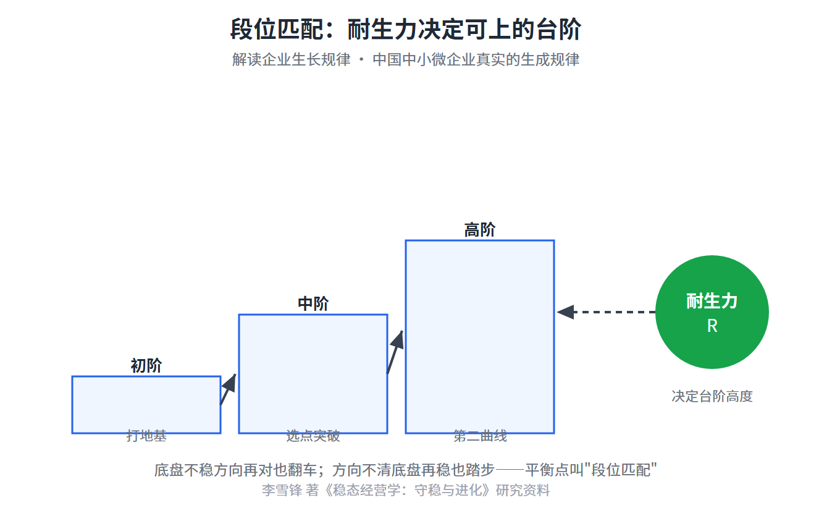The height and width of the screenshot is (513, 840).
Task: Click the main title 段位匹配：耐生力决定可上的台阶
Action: pyautogui.click(x=406, y=29)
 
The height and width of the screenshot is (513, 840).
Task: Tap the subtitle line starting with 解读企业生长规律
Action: pyautogui.click(x=406, y=60)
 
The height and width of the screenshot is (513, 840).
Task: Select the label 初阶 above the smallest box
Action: pyautogui.click(x=146, y=365)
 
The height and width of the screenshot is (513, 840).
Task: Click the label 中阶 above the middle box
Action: pyautogui.click(x=313, y=303)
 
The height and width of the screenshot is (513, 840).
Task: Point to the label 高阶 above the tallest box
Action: pyautogui.click(x=480, y=230)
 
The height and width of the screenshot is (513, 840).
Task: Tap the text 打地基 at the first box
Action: pyautogui.click(x=146, y=436)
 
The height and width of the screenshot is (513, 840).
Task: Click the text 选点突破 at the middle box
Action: pyautogui.click(x=313, y=436)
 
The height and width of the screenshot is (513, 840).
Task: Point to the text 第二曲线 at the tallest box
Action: pyautogui.click(x=480, y=436)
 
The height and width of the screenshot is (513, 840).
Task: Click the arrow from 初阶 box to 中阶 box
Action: pyautogui.click(x=228, y=389)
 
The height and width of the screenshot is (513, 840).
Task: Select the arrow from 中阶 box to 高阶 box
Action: pyautogui.click(x=395, y=352)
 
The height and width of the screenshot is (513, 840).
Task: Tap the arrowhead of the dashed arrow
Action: pyautogui.click(x=566, y=312)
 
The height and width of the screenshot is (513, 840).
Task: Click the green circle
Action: pyautogui.click(x=712, y=312)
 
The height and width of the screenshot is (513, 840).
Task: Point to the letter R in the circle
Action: pyautogui.click(x=712, y=326)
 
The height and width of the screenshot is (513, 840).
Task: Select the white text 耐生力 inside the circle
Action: pyautogui.click(x=712, y=302)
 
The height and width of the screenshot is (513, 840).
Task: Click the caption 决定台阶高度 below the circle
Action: pyautogui.click(x=712, y=396)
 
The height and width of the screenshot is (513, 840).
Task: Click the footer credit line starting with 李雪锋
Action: pyautogui.click(x=406, y=490)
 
